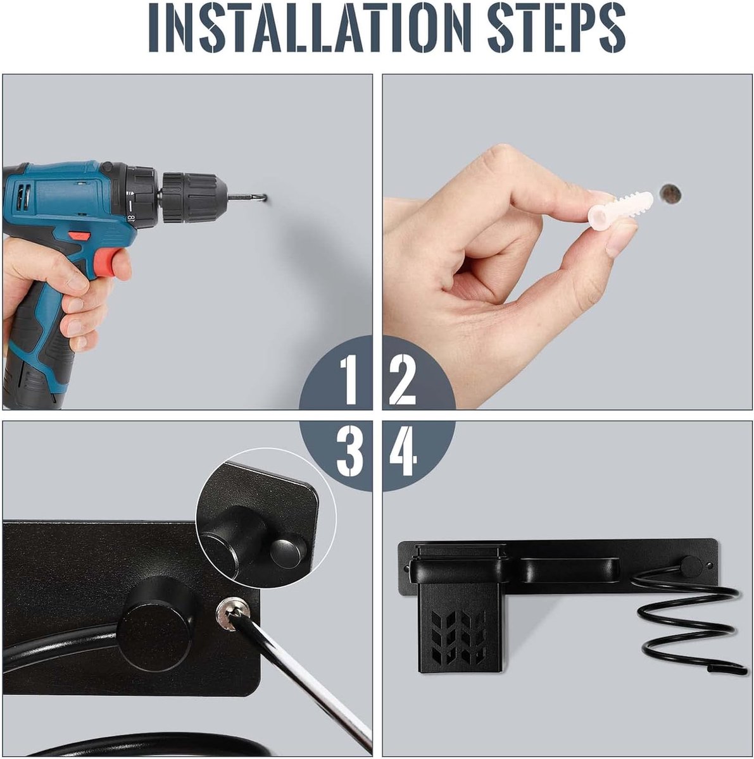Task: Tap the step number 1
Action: pos(350,379)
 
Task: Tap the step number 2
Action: pos(403,379)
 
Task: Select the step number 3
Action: pos(350,452)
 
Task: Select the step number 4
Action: pos(403,452)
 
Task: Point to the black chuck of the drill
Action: pos(189,196)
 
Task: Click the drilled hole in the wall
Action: pos(670,194)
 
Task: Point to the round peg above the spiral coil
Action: pos(691,566)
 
